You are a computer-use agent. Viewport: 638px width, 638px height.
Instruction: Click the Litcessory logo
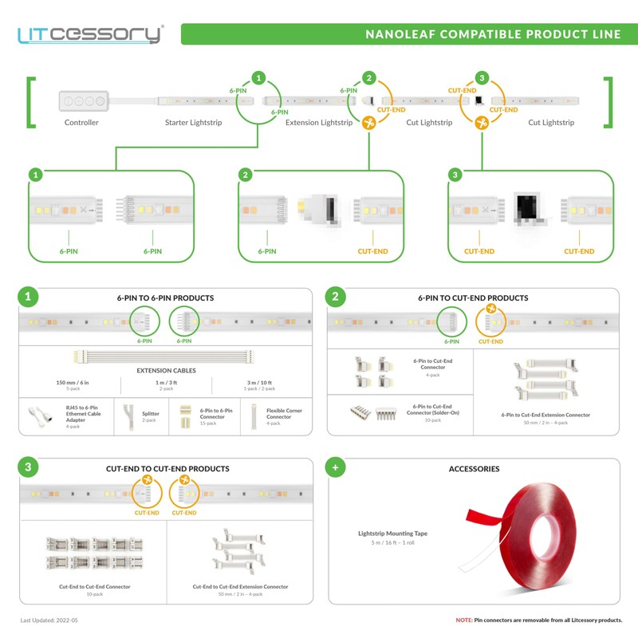pyautogui.click(x=90, y=34)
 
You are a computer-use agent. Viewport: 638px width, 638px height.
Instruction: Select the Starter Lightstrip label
pyautogui.click(x=193, y=123)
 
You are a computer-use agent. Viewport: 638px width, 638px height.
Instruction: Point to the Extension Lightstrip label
pyautogui.click(x=319, y=123)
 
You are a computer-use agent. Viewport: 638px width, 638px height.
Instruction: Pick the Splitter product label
pyautogui.click(x=151, y=414)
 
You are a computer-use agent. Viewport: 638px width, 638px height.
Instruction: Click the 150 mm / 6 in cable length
pyautogui.click(x=73, y=383)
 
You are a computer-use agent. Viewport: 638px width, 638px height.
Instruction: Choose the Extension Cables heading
pyautogui.click(x=166, y=371)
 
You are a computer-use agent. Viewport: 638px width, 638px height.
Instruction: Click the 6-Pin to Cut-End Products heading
pyautogui.click(x=472, y=298)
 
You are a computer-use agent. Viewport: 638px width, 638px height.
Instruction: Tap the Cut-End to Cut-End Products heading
pyautogui.click(x=167, y=469)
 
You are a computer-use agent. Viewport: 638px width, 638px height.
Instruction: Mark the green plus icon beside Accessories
pyautogui.click(x=336, y=468)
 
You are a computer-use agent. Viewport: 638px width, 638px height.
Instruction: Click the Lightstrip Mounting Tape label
pyautogui.click(x=392, y=533)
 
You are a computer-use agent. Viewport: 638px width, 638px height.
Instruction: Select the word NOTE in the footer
pyautogui.click(x=463, y=620)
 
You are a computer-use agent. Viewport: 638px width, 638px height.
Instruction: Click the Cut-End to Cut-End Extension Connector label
pyautogui.click(x=240, y=587)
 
